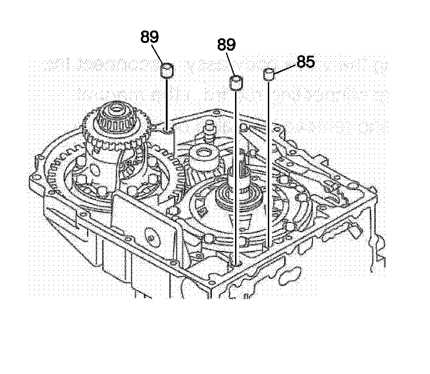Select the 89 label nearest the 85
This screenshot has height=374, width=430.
coord(226,45)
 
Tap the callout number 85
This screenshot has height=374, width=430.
coord(306,62)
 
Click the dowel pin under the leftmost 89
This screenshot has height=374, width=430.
coord(168,71)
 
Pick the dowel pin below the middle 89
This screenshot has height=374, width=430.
coord(236,83)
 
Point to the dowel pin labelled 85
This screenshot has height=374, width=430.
coord(269,73)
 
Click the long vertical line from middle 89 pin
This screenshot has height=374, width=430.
coord(236,173)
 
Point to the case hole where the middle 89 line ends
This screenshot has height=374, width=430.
coord(236,263)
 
